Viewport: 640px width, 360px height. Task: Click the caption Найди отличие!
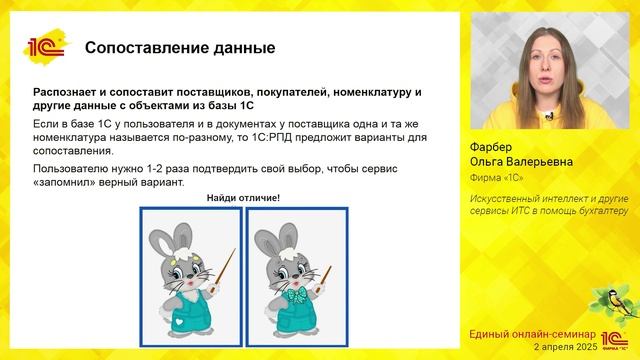coord(243,198)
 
